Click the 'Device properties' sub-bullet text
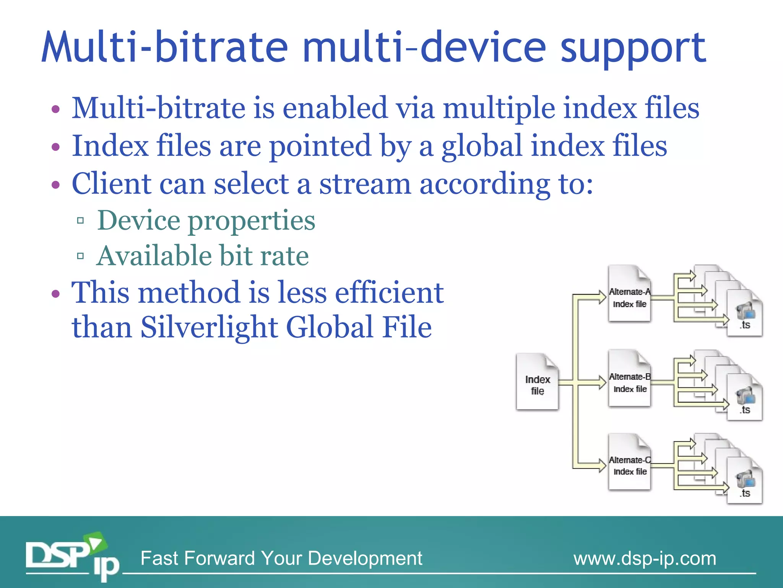point(206,221)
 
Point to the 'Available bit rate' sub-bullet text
point(202,256)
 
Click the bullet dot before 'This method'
point(56,294)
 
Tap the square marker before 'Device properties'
point(80,220)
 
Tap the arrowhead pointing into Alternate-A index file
point(602,297)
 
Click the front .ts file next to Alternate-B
point(744,398)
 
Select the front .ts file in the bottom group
point(744,482)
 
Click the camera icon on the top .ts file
point(745,311)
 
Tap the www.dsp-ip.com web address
point(645,559)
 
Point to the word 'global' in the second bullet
point(482,147)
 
